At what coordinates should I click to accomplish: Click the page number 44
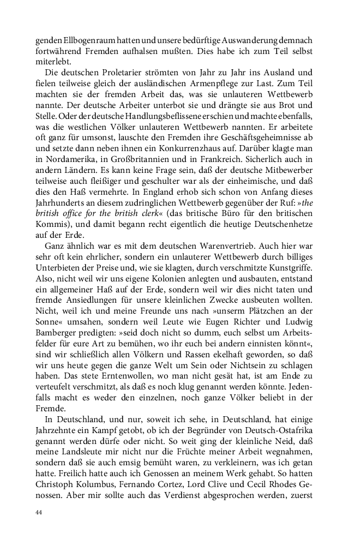tap(39, 512)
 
